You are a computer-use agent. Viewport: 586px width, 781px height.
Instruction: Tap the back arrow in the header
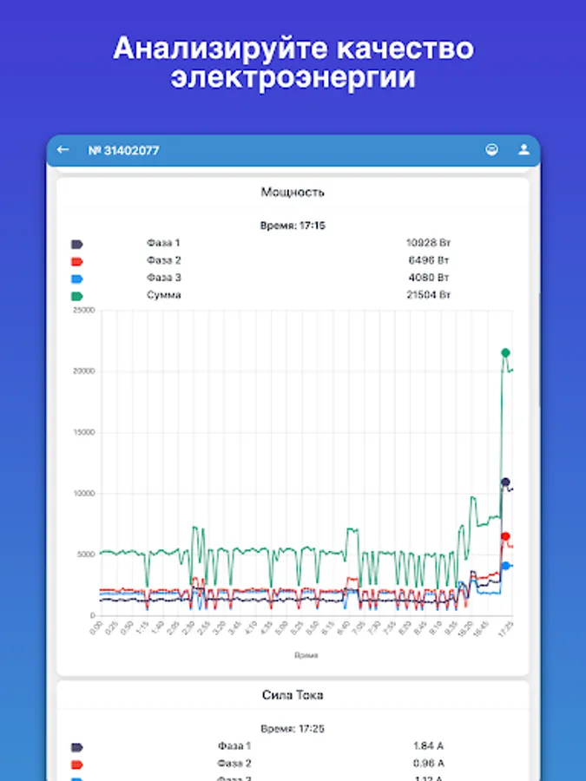pos(63,150)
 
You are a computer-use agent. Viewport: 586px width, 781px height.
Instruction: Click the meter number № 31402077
pos(123,151)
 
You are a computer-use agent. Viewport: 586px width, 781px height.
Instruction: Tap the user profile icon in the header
pos(523,150)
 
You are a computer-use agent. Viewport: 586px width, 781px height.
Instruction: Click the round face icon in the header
pos(492,150)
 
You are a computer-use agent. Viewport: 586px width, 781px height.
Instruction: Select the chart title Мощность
pos(293,192)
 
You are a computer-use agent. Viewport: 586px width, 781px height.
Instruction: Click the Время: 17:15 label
pos(293,226)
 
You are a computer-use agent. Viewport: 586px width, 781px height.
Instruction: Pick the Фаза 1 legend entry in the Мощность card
pos(163,243)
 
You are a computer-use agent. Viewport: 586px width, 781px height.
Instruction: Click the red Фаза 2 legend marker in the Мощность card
pos(76,261)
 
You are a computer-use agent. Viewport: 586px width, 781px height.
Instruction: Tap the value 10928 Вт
pos(428,243)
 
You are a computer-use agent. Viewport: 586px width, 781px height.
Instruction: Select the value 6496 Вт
pos(428,260)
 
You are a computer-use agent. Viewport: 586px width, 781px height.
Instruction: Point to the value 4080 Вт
pos(428,278)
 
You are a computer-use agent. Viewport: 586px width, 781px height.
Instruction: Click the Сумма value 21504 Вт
pos(428,295)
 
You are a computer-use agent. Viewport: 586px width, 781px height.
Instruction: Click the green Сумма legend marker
pos(76,296)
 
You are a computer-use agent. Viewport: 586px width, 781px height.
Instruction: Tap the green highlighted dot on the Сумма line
pos(505,352)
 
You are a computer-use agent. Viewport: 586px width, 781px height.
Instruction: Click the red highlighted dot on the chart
pos(505,536)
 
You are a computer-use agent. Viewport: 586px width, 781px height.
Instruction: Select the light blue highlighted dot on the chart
pos(505,566)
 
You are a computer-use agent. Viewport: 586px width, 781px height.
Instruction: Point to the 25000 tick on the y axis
pos(83,310)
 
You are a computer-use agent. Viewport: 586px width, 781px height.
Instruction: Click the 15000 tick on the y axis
pos(83,432)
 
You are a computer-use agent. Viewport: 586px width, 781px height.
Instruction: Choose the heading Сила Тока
pos(293,695)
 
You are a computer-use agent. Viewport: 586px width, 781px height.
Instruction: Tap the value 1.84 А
pos(428,745)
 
